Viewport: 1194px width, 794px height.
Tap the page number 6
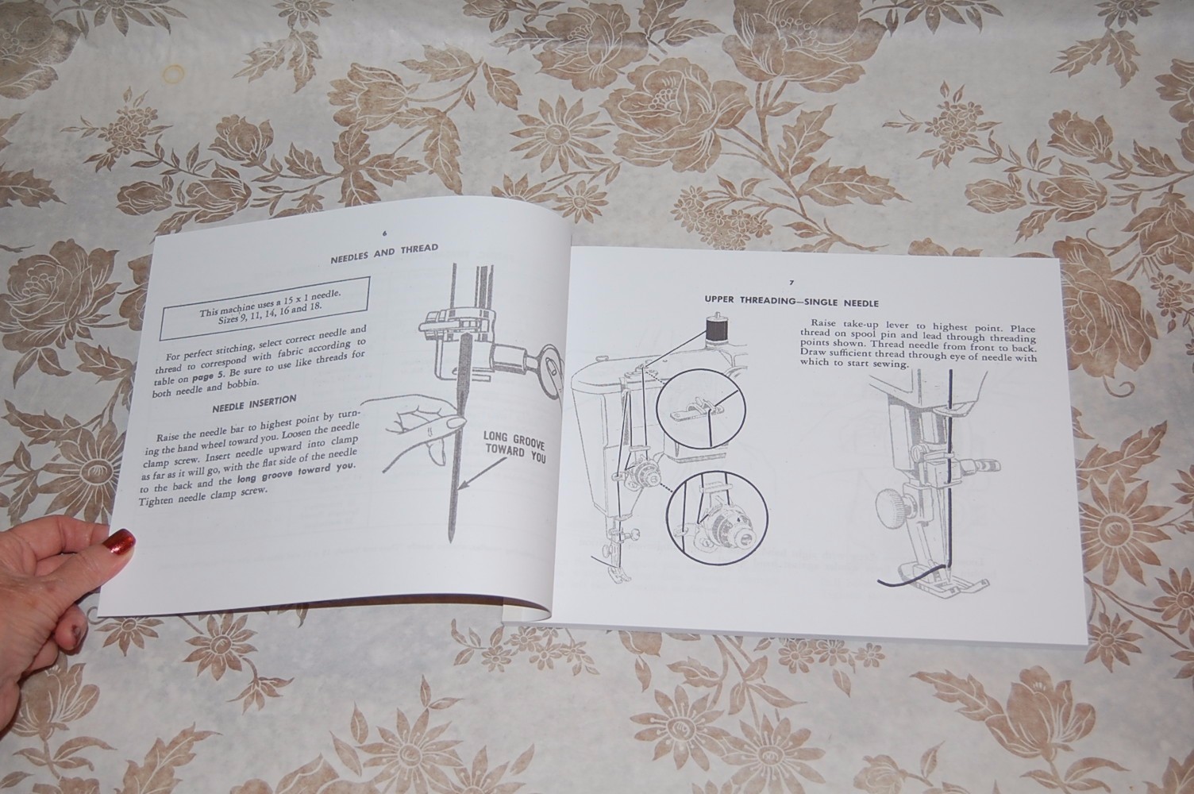(385, 234)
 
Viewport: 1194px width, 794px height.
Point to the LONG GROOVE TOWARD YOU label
(514, 449)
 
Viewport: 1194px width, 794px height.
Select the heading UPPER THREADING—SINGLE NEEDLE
(791, 301)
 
